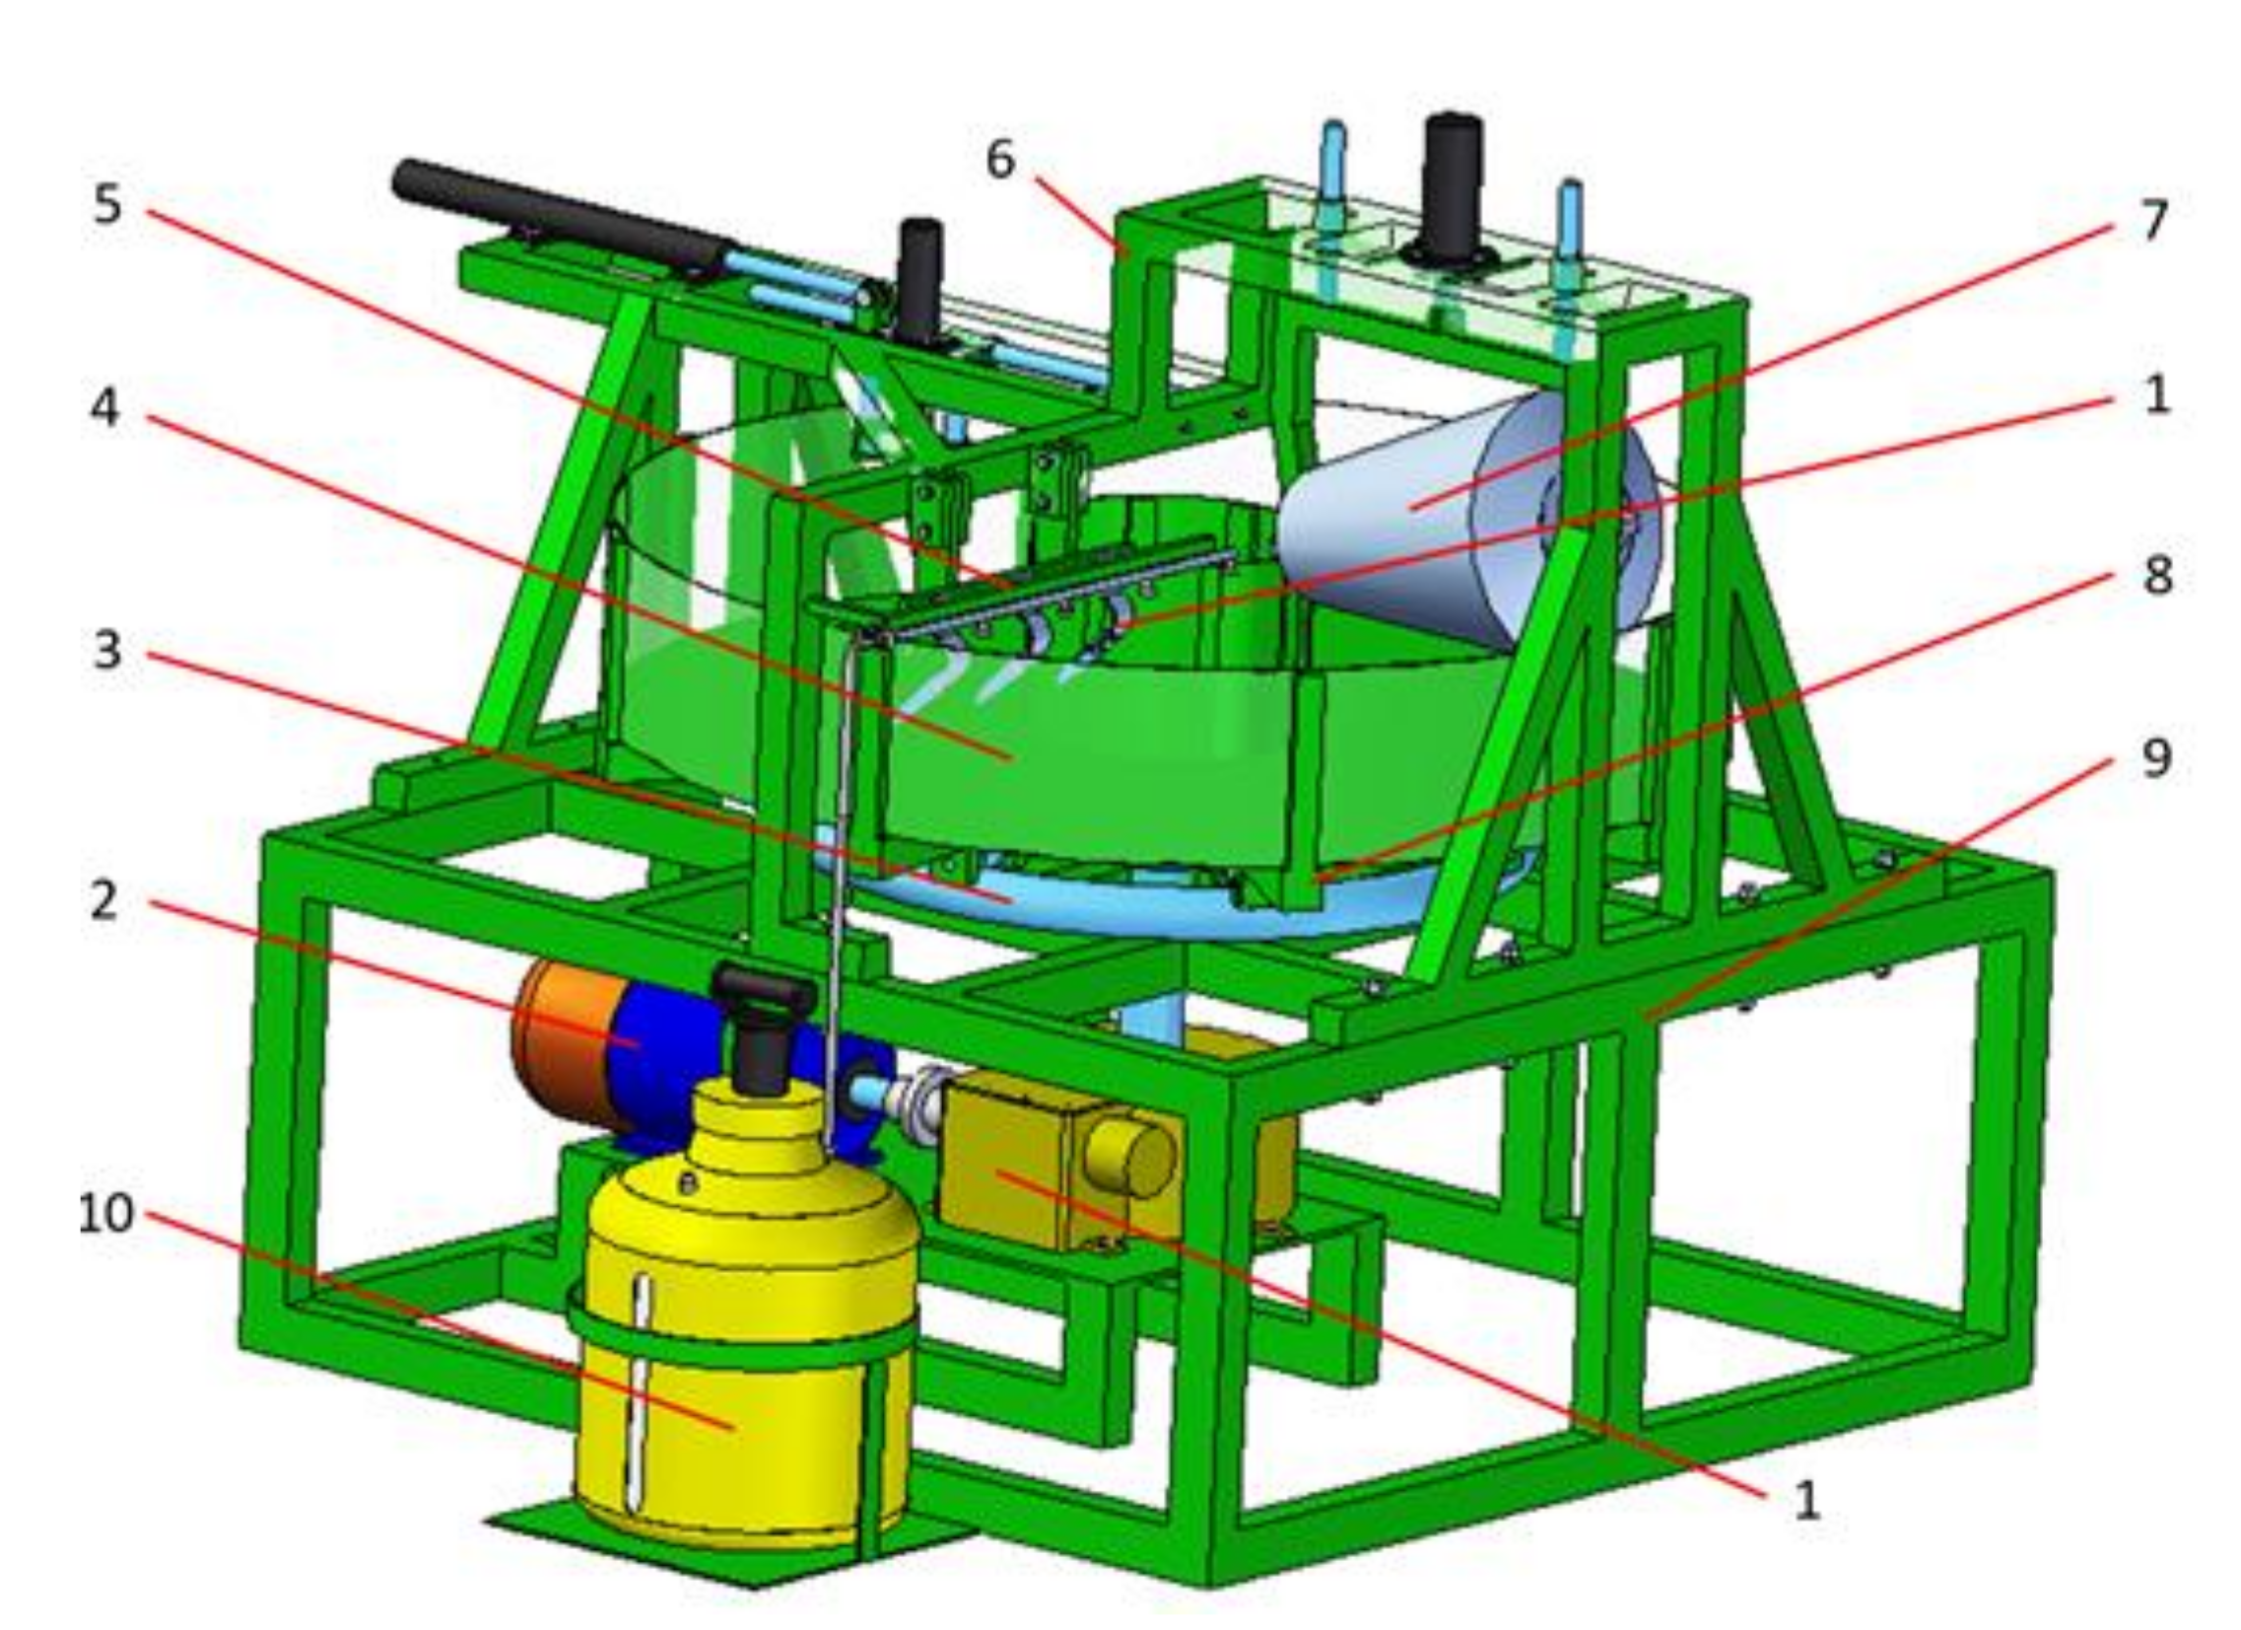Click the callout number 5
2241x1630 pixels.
pos(107,205)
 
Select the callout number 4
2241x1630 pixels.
pos(104,406)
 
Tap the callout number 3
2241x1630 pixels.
pos(106,650)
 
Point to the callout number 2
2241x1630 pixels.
pos(103,900)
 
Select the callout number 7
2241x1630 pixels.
pos(2155,220)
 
